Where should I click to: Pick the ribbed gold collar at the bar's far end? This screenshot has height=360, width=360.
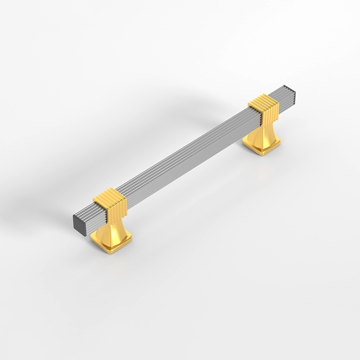pyautogui.click(x=264, y=108)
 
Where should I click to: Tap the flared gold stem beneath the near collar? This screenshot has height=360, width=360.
pyautogui.click(x=110, y=227)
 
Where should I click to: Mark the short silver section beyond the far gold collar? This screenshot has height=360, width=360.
pyautogui.click(x=286, y=98)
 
